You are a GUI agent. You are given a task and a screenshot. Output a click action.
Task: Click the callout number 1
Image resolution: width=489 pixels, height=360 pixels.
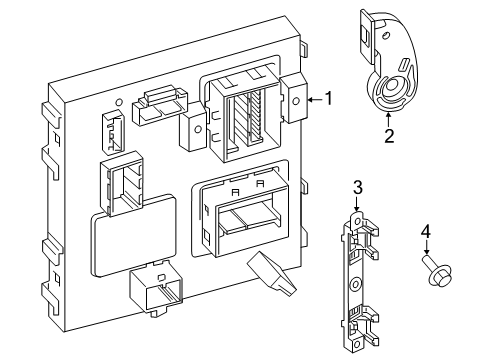click(x=329, y=99)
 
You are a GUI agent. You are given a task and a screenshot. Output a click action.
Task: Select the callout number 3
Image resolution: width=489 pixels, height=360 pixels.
click(x=356, y=187)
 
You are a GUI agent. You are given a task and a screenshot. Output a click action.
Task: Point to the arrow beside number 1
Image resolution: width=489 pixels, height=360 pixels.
click(x=313, y=99)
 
